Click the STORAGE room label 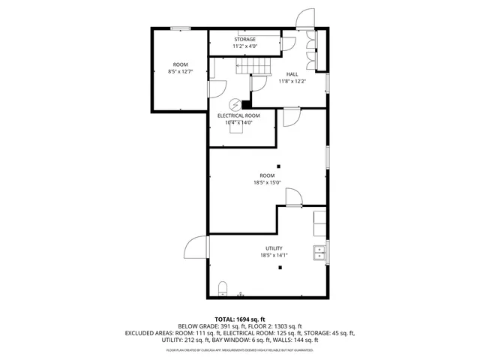click(x=244, y=39)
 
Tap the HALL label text click(x=293, y=73)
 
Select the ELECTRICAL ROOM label click(x=238, y=115)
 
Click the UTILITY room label click(x=273, y=248)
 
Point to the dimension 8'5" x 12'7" click(x=180, y=72)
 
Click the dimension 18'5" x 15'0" click(x=266, y=182)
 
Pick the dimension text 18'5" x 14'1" click(x=273, y=256)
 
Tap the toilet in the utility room click(x=222, y=289)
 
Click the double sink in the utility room click(x=319, y=252)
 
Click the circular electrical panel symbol click(x=234, y=105)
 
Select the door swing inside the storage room click(x=286, y=44)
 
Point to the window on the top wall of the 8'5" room click(x=179, y=28)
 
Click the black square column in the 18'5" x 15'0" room click(x=277, y=166)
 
